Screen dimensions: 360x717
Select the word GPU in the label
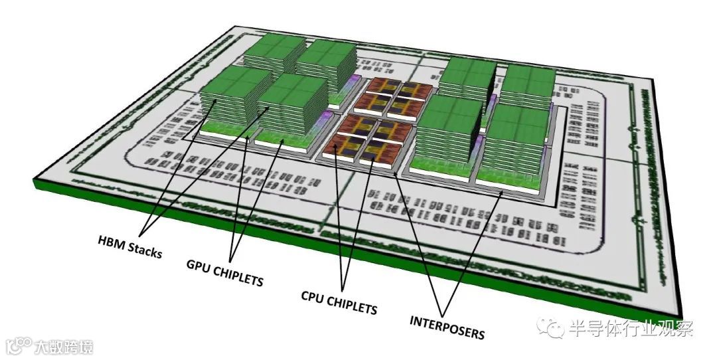(x=198, y=267)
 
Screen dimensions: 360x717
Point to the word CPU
(x=314, y=296)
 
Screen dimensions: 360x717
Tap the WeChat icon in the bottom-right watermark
(x=551, y=327)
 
